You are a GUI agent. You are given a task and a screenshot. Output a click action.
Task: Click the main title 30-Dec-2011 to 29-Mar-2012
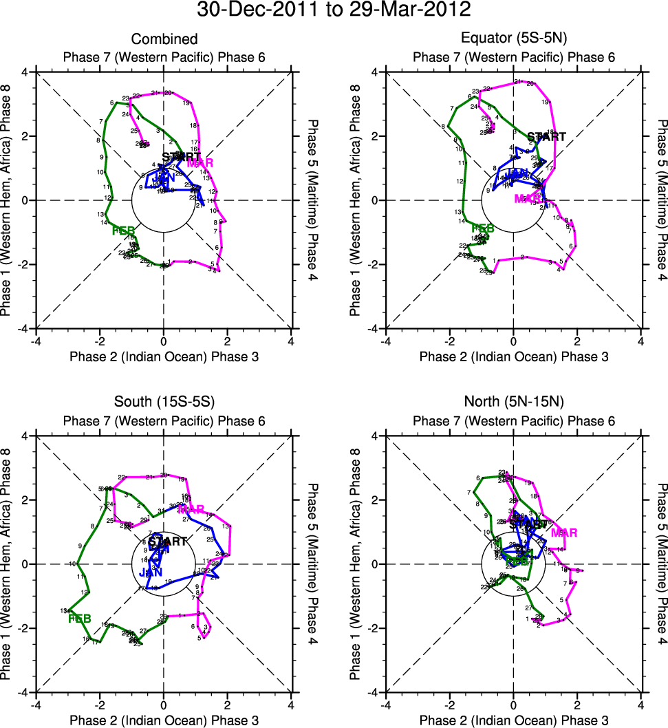(x=334, y=10)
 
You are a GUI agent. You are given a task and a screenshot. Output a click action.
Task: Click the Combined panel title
(x=164, y=40)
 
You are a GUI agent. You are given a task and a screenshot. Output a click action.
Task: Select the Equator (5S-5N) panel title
(x=513, y=40)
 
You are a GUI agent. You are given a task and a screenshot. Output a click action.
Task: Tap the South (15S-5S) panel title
(x=164, y=404)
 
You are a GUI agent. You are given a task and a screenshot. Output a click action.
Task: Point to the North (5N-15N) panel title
(x=513, y=404)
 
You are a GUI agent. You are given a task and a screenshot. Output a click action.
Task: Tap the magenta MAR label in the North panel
(x=563, y=533)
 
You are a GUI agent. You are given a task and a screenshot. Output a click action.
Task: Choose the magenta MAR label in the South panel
(x=191, y=510)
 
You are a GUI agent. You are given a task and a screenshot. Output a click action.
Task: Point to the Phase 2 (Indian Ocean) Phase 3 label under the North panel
(x=513, y=720)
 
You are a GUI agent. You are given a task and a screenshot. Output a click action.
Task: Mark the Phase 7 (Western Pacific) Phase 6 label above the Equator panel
(x=513, y=57)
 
